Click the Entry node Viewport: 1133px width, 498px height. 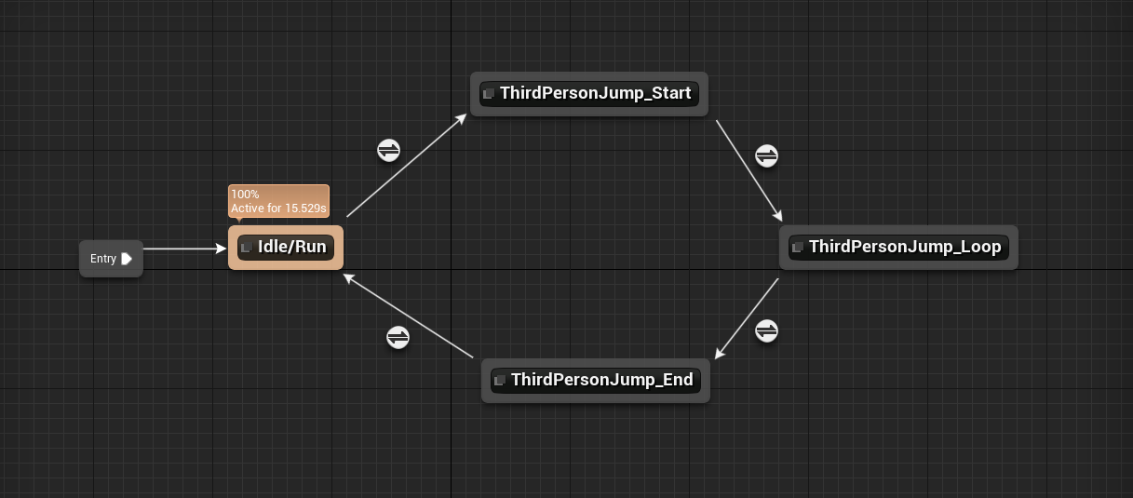pyautogui.click(x=103, y=259)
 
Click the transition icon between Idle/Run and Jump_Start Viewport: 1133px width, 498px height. pyautogui.click(x=388, y=150)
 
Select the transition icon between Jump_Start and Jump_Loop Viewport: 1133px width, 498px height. pyautogui.click(x=766, y=155)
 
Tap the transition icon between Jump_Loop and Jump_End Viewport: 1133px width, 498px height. pyautogui.click(x=766, y=330)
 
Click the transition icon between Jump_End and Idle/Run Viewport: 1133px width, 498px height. pyautogui.click(x=398, y=337)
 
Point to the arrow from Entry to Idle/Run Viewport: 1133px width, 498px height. pyautogui.click(x=184, y=249)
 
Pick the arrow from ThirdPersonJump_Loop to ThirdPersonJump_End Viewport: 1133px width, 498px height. pyautogui.click(x=747, y=317)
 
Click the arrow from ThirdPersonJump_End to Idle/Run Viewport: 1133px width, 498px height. pyautogui.click(x=410, y=317)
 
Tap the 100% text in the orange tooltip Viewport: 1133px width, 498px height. pyautogui.click(x=246, y=195)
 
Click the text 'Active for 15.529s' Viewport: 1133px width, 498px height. pyautogui.click(x=278, y=208)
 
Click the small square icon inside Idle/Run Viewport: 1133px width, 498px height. pyautogui.click(x=247, y=248)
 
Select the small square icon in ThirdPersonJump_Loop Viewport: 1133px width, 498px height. pyautogui.click(x=797, y=248)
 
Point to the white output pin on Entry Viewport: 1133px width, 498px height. pyautogui.click(x=127, y=259)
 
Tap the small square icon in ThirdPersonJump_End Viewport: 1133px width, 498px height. pyautogui.click(x=500, y=381)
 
